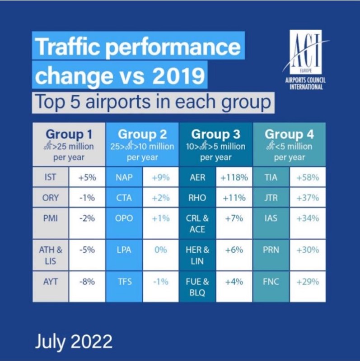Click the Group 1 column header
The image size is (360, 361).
pyautogui.click(x=69, y=145)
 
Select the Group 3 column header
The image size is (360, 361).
pyautogui.click(x=215, y=145)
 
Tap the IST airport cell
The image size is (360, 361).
pyautogui.click(x=51, y=177)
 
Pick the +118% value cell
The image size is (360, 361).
pyautogui.click(x=234, y=177)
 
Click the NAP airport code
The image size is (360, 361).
pyautogui.click(x=124, y=177)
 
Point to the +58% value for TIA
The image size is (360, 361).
pyautogui.click(x=307, y=177)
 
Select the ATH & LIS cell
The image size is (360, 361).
pyautogui.click(x=51, y=255)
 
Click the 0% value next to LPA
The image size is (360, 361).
pyautogui.click(x=161, y=250)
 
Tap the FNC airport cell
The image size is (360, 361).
pyautogui.click(x=271, y=282)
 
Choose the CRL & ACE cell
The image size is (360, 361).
pyautogui.click(x=197, y=223)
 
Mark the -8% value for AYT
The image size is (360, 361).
pyautogui.click(x=87, y=282)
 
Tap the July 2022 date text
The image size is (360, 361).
pyautogui.click(x=74, y=341)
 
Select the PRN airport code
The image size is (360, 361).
pyautogui.click(x=271, y=250)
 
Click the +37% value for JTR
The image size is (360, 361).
pyautogui.click(x=307, y=198)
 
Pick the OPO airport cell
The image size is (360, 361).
pyautogui.click(x=124, y=218)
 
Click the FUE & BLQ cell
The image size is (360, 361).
pyautogui.click(x=197, y=287)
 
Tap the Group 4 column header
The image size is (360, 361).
pyautogui.click(x=289, y=145)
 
